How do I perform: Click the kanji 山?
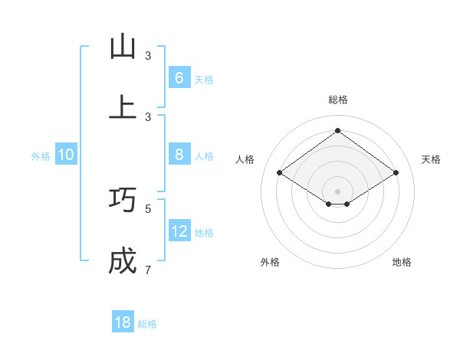(x=123, y=47)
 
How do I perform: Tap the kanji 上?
(x=123, y=107)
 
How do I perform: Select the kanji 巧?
(x=123, y=199)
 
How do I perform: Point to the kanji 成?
(x=123, y=261)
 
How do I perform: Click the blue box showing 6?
(x=179, y=77)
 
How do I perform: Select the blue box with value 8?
(x=179, y=155)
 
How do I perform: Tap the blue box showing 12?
(x=179, y=231)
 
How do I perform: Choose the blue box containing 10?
(x=66, y=155)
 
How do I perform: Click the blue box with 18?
(x=123, y=322)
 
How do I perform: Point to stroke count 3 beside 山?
(x=148, y=56)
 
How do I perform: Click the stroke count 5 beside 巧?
(x=148, y=208)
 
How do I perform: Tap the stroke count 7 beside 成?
(x=148, y=270)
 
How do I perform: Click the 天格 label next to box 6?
(x=203, y=79)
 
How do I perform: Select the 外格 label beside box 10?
(x=41, y=155)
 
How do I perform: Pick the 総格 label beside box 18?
(x=147, y=324)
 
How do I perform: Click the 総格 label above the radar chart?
(x=337, y=100)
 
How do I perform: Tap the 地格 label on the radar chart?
(x=402, y=262)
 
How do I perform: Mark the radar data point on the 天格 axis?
(x=396, y=173)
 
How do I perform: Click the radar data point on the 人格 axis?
(x=279, y=173)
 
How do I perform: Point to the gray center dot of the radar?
(x=337, y=191)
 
